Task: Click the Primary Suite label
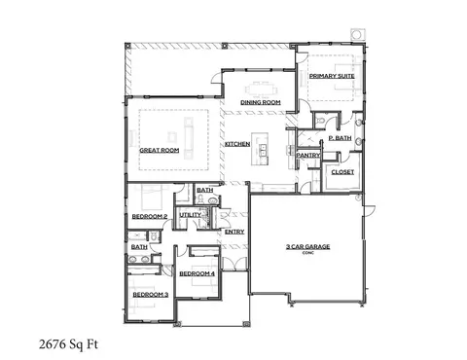(x=331, y=75)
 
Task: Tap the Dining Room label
(x=261, y=102)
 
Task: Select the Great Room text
(x=160, y=150)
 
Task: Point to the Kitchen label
(x=237, y=144)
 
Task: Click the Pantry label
(x=308, y=154)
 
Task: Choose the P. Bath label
(x=340, y=139)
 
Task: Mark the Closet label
(x=342, y=171)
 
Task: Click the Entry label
(x=234, y=231)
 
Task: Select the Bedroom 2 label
(x=150, y=215)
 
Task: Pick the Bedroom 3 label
(x=151, y=293)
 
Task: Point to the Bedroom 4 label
(x=197, y=273)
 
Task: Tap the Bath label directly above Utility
(x=204, y=191)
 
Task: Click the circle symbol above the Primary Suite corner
(x=358, y=34)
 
